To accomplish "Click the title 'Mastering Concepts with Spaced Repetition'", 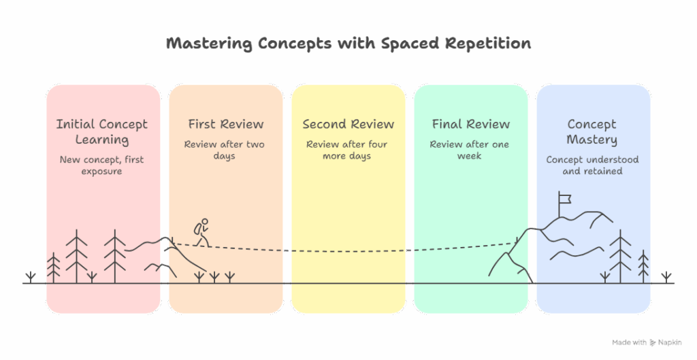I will [x=348, y=44].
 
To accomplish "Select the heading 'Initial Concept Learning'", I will [x=102, y=132].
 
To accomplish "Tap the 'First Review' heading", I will [x=225, y=124].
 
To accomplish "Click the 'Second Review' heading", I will [x=348, y=124].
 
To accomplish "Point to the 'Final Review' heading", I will [x=470, y=124].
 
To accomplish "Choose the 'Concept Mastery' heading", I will [x=592, y=132].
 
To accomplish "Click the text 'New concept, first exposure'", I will [x=102, y=165].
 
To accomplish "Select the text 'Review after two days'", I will [x=225, y=150].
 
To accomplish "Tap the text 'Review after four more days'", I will [x=347, y=150].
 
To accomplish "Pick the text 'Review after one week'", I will [x=470, y=150].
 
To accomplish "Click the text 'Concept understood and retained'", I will [x=592, y=165].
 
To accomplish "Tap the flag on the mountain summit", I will [x=564, y=199].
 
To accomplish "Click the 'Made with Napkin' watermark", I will [x=647, y=342].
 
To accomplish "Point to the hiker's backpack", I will [x=197, y=229].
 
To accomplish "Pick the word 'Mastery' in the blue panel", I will [x=592, y=140].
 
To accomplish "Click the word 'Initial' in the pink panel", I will [x=76, y=124].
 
